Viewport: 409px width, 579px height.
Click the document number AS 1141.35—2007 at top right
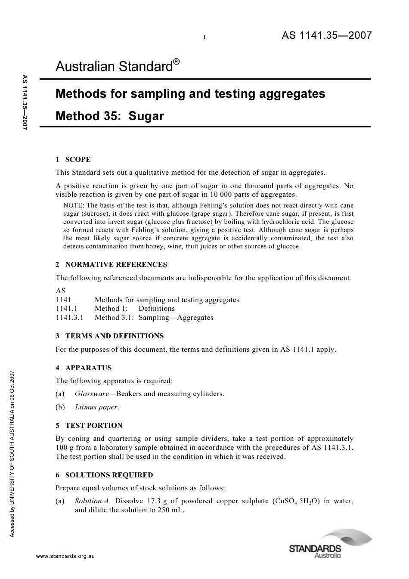[x=326, y=36]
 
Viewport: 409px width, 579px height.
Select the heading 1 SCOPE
[x=73, y=159]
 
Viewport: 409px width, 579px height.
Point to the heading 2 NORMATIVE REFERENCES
[x=111, y=264]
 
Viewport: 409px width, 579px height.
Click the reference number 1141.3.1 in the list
[x=69, y=318]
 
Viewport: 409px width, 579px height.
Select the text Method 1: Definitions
[x=134, y=309]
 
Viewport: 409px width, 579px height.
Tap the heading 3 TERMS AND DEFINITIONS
[x=109, y=336]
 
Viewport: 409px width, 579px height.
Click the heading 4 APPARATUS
[x=84, y=368]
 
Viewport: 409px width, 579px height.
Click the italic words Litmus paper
[x=96, y=407]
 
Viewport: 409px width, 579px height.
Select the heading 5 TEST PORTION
[x=89, y=425]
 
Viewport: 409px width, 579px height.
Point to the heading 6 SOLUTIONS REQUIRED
[x=104, y=475]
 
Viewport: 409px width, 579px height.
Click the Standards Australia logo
[x=330, y=545]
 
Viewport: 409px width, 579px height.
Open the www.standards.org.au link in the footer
[x=65, y=556]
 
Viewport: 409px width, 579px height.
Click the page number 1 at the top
[x=204, y=37]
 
